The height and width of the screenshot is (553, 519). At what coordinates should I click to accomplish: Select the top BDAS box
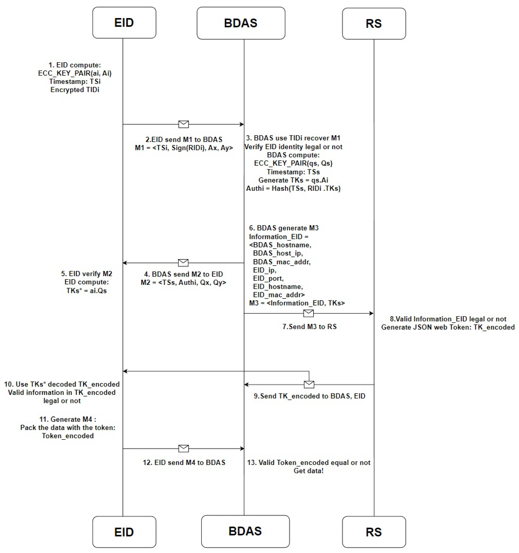[241, 23]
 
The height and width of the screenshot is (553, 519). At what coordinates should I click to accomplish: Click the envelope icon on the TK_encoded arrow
[309, 384]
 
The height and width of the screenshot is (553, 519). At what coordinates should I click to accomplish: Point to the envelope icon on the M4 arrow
[183, 448]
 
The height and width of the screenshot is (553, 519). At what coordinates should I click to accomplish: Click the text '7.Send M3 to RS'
[309, 327]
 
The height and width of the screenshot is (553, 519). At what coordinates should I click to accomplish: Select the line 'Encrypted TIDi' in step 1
[75, 90]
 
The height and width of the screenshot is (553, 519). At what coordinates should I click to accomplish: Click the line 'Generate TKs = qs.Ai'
[293, 180]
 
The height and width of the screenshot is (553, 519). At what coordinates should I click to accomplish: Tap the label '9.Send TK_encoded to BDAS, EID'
[309, 396]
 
